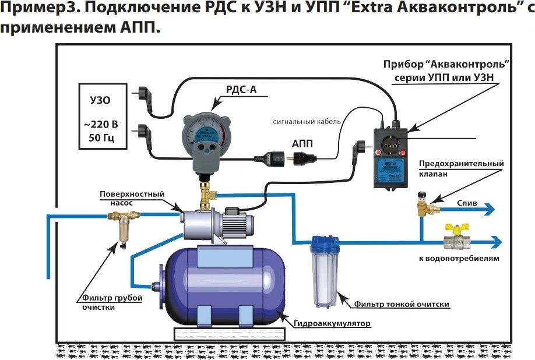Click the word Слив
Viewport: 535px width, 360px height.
point(467,203)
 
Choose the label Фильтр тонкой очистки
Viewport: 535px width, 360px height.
point(402,304)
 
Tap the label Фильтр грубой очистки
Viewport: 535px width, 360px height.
point(102,303)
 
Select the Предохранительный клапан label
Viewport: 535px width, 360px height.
point(461,169)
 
